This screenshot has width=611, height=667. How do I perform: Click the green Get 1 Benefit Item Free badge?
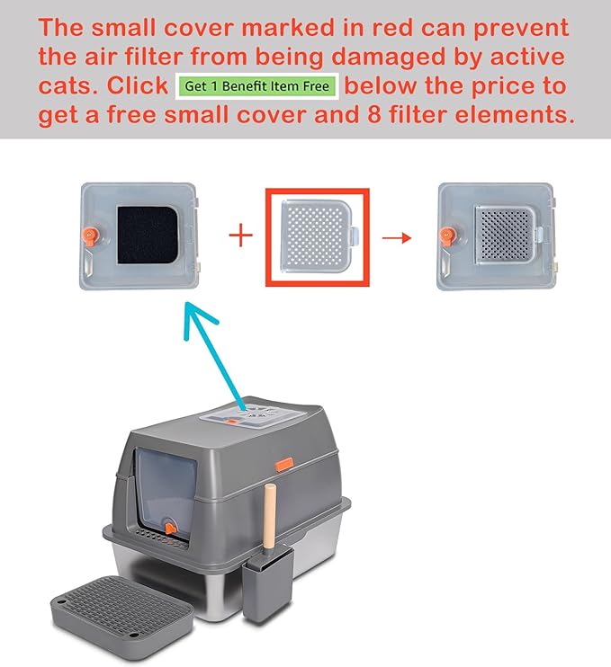click(256, 86)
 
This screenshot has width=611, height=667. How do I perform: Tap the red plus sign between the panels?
click(241, 235)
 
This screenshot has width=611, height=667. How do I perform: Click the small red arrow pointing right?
click(397, 238)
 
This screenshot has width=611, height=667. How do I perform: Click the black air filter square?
click(148, 236)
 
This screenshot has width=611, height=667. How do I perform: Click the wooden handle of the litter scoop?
click(270, 518)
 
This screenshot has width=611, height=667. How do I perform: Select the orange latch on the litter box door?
click(169, 528)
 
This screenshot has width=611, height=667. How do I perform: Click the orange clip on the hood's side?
click(284, 464)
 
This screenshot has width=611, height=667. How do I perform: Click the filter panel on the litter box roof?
click(253, 415)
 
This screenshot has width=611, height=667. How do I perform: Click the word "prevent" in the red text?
click(521, 29)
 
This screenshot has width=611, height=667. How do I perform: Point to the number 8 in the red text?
click(373, 114)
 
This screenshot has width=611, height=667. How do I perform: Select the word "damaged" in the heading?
click(388, 58)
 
